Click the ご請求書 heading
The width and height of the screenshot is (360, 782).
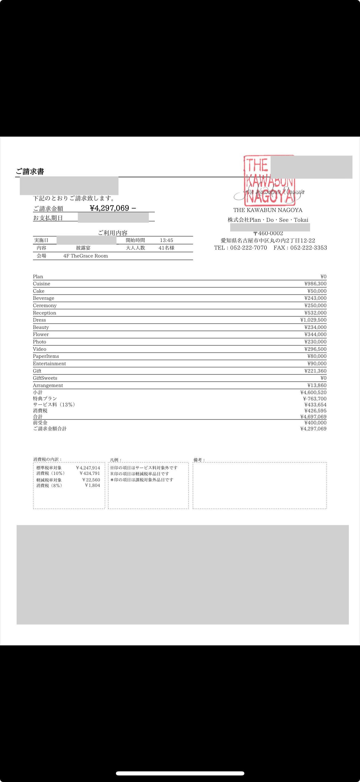click(30, 172)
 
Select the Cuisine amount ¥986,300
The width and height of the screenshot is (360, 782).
click(315, 284)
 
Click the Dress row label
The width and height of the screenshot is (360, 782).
click(40, 320)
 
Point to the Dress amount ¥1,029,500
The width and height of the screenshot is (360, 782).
click(313, 320)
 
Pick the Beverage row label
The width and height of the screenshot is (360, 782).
click(43, 298)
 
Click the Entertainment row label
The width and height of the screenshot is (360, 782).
click(49, 364)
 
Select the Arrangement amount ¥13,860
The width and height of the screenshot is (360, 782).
click(317, 386)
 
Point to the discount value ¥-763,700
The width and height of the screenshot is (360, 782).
click(315, 399)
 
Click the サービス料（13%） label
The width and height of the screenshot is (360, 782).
click(54, 405)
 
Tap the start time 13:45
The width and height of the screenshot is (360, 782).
click(166, 240)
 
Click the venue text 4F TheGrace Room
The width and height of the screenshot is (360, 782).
click(86, 256)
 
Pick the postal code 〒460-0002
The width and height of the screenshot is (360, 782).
click(268, 233)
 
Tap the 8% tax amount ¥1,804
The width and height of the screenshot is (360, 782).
click(92, 485)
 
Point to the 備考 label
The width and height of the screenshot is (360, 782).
click(199, 460)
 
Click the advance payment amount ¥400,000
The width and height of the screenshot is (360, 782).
click(315, 423)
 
